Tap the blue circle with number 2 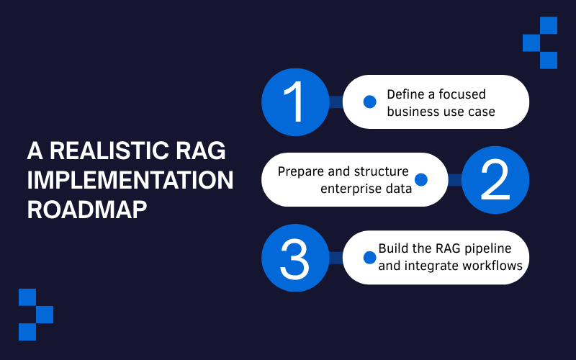tap(495, 180)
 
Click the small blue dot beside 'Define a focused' tap(369, 102)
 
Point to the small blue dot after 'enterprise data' tap(421, 180)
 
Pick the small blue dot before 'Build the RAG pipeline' tap(369, 257)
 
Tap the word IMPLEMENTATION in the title tap(130, 180)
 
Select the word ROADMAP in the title tap(88, 209)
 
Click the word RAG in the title tap(199, 151)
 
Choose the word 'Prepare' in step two tap(299, 172)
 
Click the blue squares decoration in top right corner tap(541, 42)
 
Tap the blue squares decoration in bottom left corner tap(36, 315)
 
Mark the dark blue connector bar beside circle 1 tap(336, 102)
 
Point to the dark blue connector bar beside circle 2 tap(454, 180)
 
